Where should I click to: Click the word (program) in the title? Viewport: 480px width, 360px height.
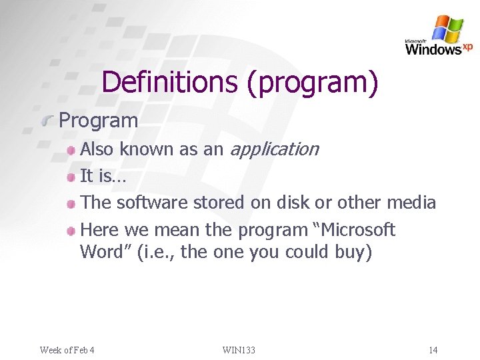pyautogui.click(x=313, y=82)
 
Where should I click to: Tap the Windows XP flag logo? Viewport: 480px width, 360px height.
pyautogui.click(x=447, y=29)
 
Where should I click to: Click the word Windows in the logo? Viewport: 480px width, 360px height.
pyautogui.click(x=433, y=49)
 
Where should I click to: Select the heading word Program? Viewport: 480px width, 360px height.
pyautogui.click(x=99, y=121)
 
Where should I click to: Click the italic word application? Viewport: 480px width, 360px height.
pyautogui.click(x=273, y=149)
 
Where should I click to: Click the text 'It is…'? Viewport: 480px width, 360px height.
pyautogui.click(x=103, y=176)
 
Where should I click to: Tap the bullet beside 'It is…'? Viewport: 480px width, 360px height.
pyautogui.click(x=71, y=177)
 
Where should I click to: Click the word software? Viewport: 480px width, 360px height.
pyautogui.click(x=153, y=203)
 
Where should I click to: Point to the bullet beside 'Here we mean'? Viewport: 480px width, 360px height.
pyautogui.click(x=71, y=231)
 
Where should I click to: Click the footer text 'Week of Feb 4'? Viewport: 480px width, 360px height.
pyautogui.click(x=67, y=350)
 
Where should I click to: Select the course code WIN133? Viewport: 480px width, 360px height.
pyautogui.click(x=239, y=350)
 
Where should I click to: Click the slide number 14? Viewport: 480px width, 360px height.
pyautogui.click(x=433, y=350)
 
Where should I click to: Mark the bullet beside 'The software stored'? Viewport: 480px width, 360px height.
pyautogui.click(x=71, y=204)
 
